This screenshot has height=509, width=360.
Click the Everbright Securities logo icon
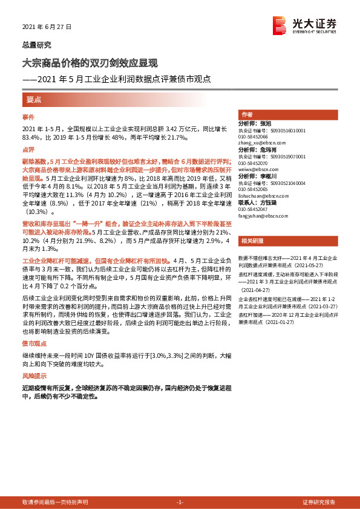coord(280,24)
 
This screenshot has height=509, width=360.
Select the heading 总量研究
coord(37,45)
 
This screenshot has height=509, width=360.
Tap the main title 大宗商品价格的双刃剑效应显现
coord(90,62)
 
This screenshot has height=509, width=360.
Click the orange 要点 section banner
coord(34,99)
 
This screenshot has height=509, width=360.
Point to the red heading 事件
coord(28,116)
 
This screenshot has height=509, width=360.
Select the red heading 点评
coord(28,149)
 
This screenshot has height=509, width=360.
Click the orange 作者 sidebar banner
coord(247,114)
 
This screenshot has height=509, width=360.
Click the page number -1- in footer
coord(179,502)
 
